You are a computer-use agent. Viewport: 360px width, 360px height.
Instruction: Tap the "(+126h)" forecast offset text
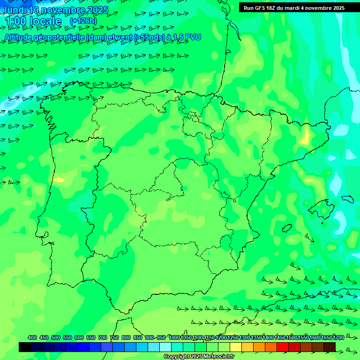83,21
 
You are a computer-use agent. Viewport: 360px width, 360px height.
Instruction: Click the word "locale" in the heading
45,21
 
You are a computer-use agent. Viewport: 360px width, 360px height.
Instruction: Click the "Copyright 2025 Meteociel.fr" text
199,357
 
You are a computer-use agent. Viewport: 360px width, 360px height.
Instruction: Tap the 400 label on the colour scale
32,337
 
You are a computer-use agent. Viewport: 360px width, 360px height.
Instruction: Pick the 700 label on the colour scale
103,337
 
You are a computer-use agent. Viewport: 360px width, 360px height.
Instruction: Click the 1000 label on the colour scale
174,337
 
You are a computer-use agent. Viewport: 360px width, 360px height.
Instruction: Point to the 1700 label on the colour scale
338,337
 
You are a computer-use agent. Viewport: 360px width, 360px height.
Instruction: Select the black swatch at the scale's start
25,347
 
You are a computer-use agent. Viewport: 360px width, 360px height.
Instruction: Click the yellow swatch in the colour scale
236,347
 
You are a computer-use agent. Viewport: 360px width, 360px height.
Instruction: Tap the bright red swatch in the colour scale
283,347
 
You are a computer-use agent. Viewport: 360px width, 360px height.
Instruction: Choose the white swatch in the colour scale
165,347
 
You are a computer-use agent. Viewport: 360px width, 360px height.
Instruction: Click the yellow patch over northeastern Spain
306,137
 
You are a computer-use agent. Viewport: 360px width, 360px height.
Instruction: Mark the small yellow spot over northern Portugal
60,180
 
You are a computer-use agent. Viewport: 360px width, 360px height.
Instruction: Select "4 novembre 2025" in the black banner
323,7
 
